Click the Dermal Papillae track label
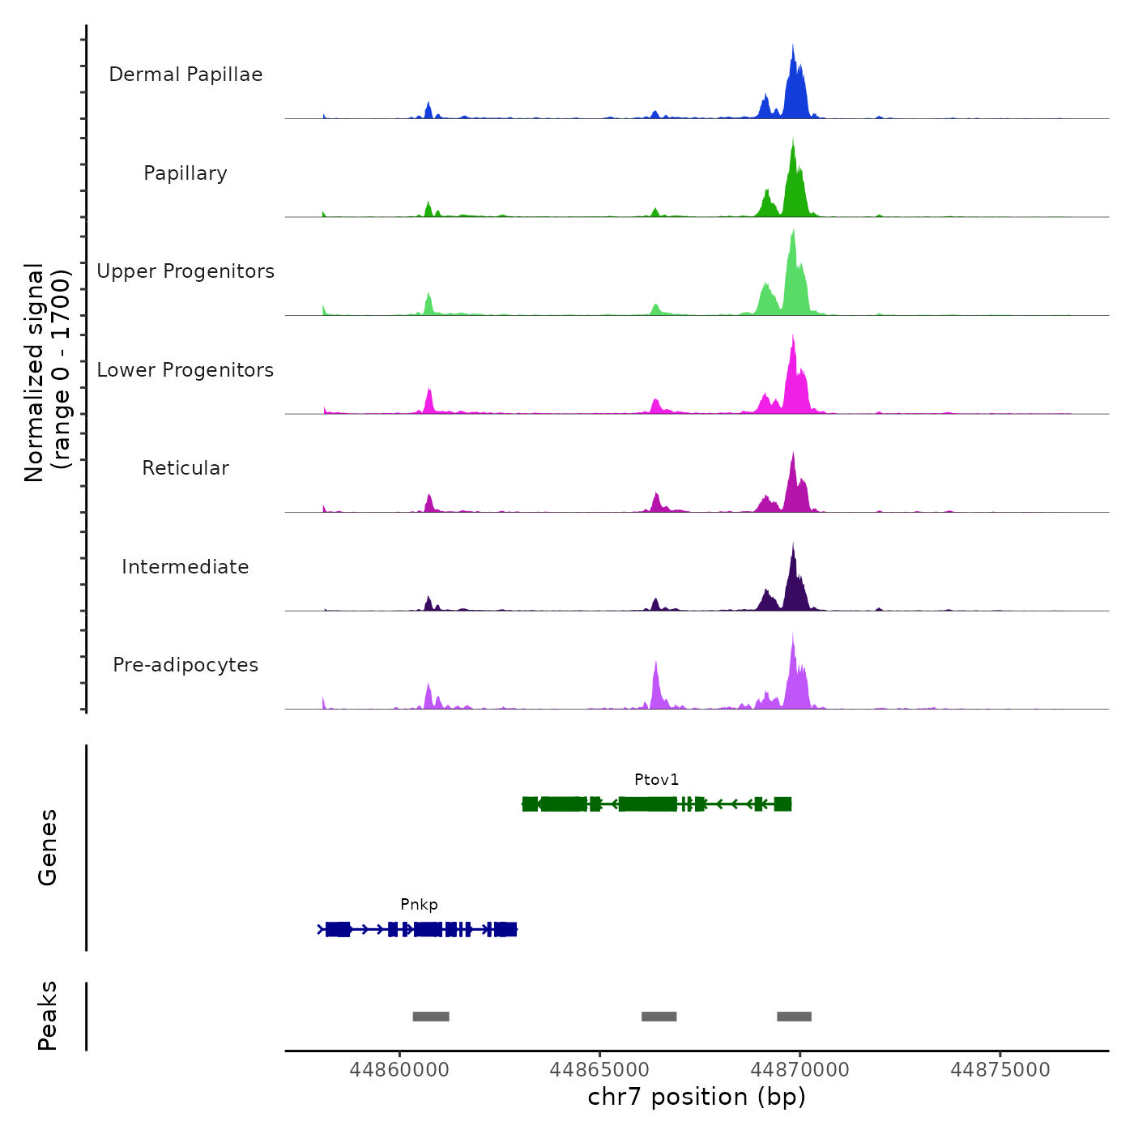pos(185,75)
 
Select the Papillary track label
pos(185,173)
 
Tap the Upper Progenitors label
pos(185,271)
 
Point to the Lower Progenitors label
pos(185,370)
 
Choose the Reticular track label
pos(185,468)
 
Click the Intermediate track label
pos(185,567)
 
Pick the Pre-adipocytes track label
pos(185,665)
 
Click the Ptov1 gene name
pos(656,780)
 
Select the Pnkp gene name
pos(419,905)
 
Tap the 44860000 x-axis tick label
pos(399,1070)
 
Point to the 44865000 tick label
pos(599,1070)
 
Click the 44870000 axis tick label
pos(800,1070)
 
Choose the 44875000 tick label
pos(1000,1070)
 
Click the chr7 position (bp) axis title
pos(697,1097)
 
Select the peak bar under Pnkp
pos(431,1017)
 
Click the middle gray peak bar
pos(659,1017)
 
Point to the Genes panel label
pos(48,847)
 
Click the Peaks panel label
pos(48,1016)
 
